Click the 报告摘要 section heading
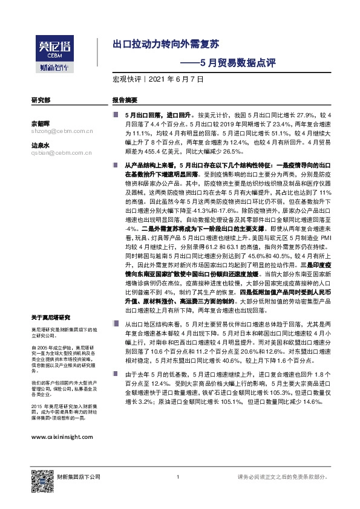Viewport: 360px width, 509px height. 125,100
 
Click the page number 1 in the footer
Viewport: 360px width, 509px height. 178,477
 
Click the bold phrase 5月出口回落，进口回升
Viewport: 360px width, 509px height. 157,114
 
